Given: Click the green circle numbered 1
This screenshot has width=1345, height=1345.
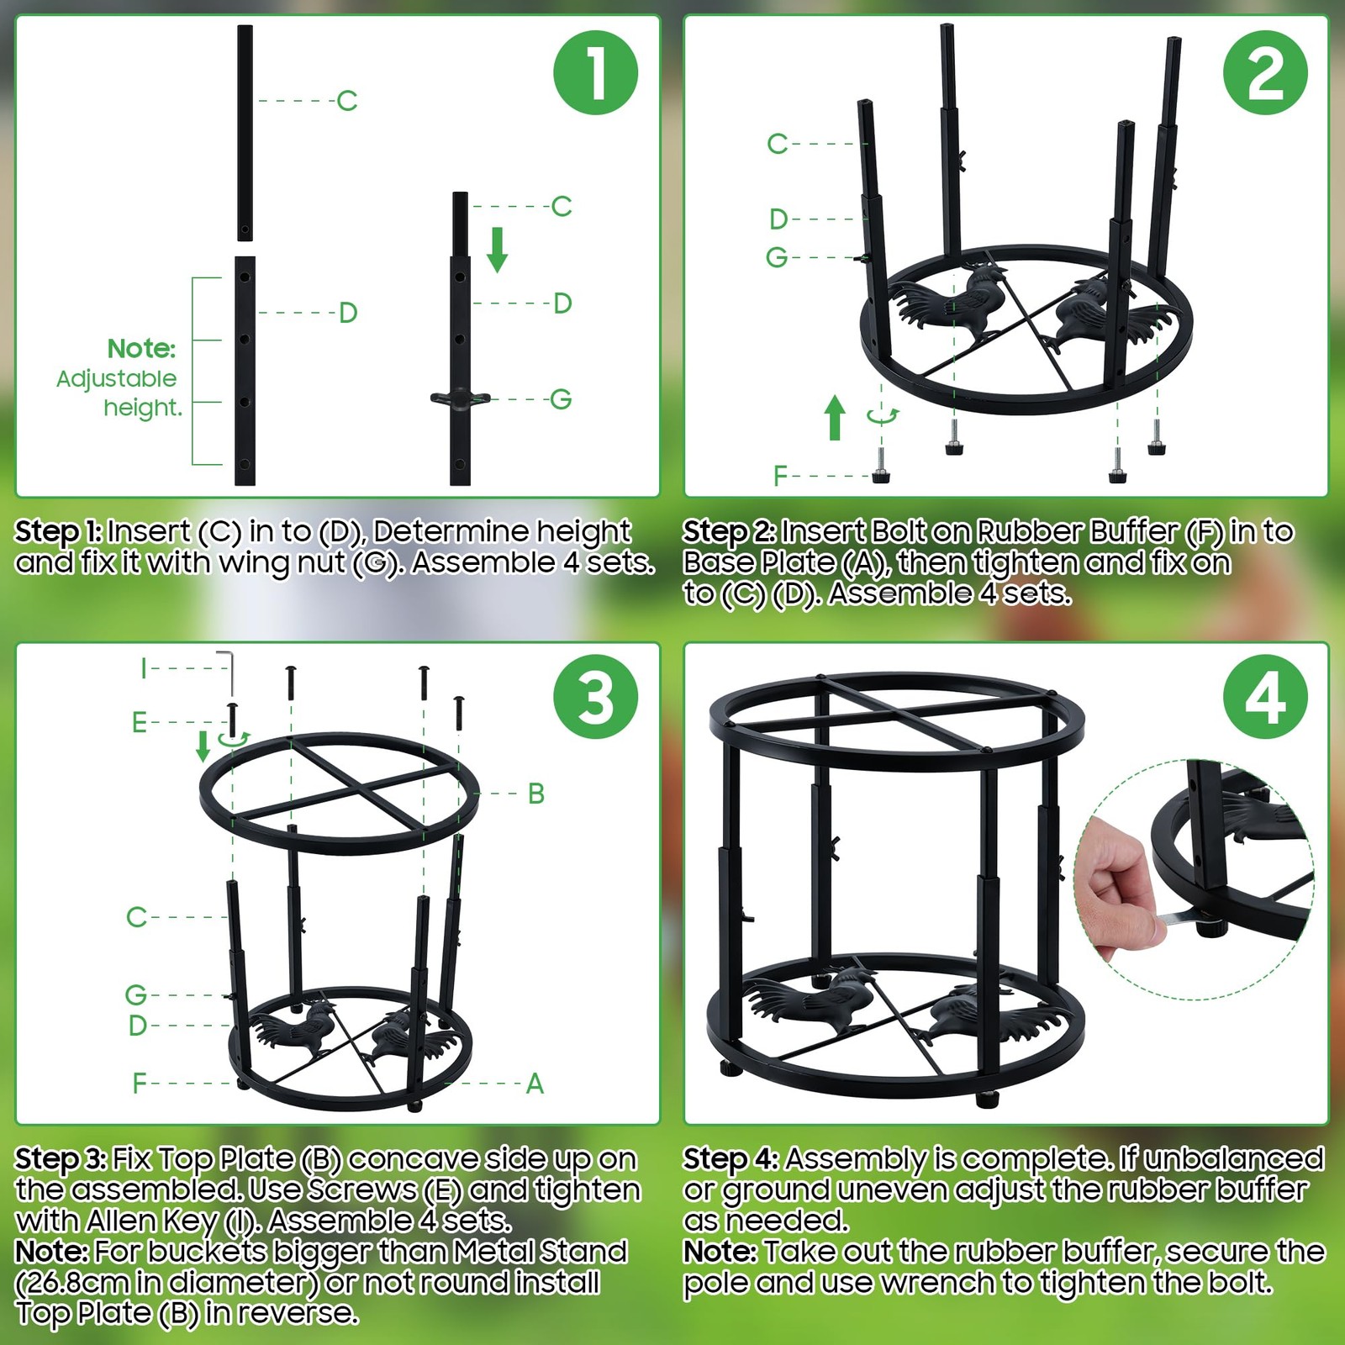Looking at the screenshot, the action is tap(595, 72).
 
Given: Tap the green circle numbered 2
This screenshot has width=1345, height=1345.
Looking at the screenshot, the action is tap(1265, 72).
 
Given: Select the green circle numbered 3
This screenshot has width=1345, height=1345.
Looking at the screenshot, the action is tap(595, 697).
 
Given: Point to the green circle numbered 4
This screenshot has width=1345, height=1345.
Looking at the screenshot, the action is tap(1265, 697).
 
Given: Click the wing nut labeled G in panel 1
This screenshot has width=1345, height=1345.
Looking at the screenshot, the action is tap(461, 398).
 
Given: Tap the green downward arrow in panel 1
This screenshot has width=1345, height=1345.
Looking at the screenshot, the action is tap(497, 250).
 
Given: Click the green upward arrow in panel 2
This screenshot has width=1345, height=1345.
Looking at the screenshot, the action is tap(835, 417).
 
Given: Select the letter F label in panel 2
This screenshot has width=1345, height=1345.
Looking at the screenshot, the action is tap(780, 477).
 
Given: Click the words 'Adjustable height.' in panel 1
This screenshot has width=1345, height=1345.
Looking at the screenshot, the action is tap(118, 393).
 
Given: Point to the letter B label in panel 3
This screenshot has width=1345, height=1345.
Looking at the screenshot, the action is tap(536, 793).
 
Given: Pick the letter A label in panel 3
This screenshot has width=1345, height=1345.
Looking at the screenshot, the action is tap(535, 1084).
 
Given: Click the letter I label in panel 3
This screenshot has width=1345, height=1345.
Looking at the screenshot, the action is tap(144, 668).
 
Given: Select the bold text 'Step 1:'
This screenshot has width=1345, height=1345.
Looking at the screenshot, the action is tap(58, 531).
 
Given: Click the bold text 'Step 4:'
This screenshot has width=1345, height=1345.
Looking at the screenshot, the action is tap(730, 1159).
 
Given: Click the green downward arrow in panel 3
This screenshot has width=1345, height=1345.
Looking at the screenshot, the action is tap(203, 746).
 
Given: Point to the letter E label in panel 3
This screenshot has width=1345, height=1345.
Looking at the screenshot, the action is tap(140, 722).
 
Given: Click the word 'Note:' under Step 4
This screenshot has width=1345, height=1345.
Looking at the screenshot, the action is tap(720, 1252).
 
